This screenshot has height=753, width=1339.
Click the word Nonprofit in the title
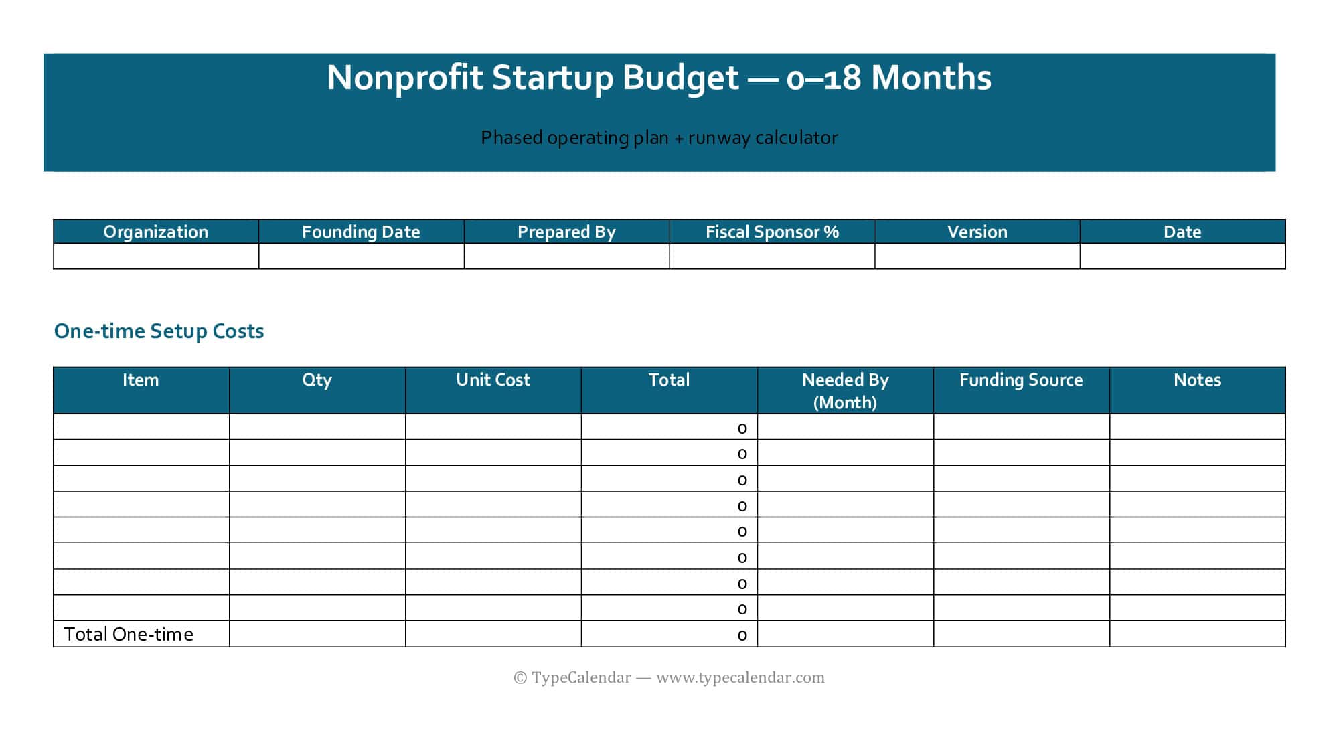tap(404, 78)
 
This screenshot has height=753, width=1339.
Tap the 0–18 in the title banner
tap(823, 78)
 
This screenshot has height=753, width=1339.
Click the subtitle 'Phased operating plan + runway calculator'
tap(659, 138)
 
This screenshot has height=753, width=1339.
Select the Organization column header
tap(156, 232)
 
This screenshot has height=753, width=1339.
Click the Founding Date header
tap(361, 232)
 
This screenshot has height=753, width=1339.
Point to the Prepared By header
tap(566, 232)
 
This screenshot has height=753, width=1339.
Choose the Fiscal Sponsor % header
tap(772, 232)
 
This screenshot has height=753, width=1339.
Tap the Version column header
tap(977, 232)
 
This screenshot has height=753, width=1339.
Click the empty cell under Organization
tap(156, 256)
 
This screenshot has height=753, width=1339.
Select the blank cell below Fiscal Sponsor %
tap(772, 256)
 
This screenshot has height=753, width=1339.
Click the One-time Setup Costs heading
tap(159, 331)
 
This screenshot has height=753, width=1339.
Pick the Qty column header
tap(317, 380)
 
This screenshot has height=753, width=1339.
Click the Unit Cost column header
tap(493, 380)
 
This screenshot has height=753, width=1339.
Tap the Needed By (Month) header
tap(845, 390)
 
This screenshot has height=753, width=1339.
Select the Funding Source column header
tap(1021, 380)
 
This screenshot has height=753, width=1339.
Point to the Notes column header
tap(1197, 380)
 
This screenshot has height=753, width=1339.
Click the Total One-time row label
tap(129, 634)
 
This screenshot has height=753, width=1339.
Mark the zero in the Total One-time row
tap(742, 635)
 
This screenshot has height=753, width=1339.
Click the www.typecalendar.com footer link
tap(740, 677)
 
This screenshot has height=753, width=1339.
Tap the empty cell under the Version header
tap(977, 256)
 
